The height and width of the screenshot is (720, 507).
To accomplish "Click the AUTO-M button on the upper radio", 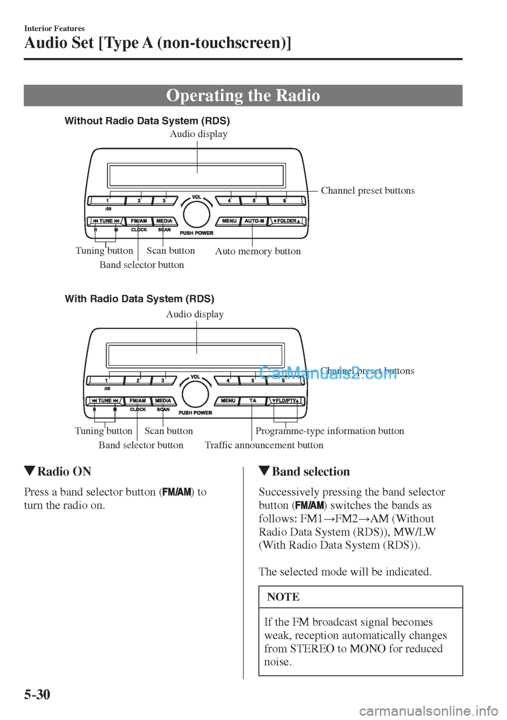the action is pyautogui.click(x=254, y=221).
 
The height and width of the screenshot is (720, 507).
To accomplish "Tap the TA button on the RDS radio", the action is pyautogui.click(x=252, y=401).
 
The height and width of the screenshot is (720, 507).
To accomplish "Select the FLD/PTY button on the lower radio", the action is pyautogui.click(x=286, y=401).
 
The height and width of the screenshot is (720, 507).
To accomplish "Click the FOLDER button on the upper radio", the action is pyautogui.click(x=287, y=221).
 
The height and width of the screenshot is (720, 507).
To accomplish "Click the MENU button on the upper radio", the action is pyautogui.click(x=229, y=221).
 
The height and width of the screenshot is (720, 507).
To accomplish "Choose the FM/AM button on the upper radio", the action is pyautogui.click(x=139, y=221).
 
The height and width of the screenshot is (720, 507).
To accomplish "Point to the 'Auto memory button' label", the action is pyautogui.click(x=258, y=251).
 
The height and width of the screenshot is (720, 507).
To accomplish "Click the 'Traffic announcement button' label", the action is pyautogui.click(x=264, y=445).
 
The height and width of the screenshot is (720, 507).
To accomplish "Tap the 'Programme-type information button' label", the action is pyautogui.click(x=330, y=431).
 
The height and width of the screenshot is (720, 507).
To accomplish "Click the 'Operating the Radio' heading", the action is pyautogui.click(x=243, y=96).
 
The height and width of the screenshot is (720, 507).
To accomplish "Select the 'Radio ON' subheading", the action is pyautogui.click(x=64, y=472).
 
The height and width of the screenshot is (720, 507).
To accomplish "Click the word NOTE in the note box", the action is pyautogui.click(x=283, y=597).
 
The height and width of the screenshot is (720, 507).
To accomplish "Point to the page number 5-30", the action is pyautogui.click(x=37, y=695).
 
